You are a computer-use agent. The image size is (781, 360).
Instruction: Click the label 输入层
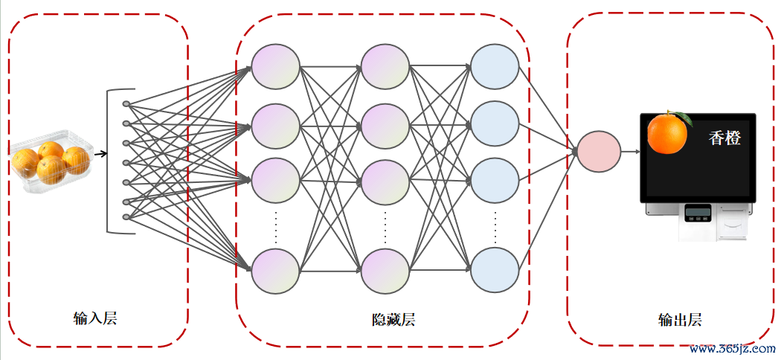[x=94, y=318]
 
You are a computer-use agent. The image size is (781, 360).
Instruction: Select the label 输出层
[x=679, y=319]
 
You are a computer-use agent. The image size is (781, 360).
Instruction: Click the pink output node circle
[x=599, y=152]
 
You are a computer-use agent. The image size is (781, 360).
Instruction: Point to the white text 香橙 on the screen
[x=724, y=138]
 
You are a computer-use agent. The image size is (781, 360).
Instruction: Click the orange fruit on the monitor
[x=667, y=133]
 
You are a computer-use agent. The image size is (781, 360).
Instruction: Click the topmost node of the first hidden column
[x=275, y=67]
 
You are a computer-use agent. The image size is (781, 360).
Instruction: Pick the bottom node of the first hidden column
[x=275, y=271]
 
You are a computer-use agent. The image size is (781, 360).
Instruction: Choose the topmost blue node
[x=495, y=67]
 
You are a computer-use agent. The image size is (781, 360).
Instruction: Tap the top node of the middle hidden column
[x=385, y=67]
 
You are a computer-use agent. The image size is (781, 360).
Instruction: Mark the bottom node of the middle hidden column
[x=385, y=271]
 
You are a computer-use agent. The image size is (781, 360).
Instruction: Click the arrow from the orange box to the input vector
[x=100, y=154]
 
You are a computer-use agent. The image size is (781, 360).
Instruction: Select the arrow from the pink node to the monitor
[x=631, y=152]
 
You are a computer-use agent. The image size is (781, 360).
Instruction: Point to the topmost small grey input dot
[x=126, y=104]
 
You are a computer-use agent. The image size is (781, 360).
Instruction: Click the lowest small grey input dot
[x=126, y=216]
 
